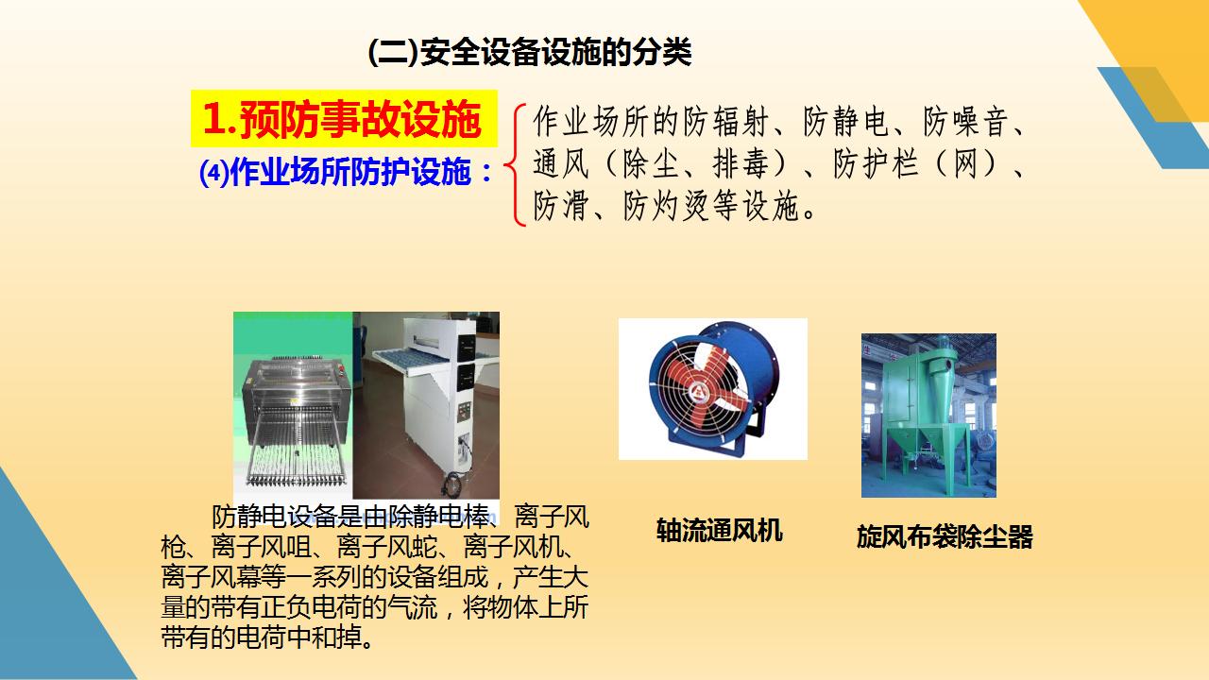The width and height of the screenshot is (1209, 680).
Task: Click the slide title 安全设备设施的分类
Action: point(555,52)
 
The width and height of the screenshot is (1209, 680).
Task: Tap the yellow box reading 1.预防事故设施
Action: point(344,119)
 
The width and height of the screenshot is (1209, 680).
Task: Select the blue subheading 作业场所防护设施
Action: point(351,173)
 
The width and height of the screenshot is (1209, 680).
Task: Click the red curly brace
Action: point(515,164)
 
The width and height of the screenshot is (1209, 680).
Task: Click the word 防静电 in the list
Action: point(845,122)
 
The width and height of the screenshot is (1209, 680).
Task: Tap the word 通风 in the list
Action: point(561,163)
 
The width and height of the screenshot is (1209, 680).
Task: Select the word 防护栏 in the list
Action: point(875,163)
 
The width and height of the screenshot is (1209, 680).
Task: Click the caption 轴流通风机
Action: point(720,530)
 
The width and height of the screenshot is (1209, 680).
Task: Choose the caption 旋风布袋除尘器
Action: point(945,536)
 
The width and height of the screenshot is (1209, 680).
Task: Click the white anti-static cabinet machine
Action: point(426,399)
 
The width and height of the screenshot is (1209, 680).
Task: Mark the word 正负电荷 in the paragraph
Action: point(312,607)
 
